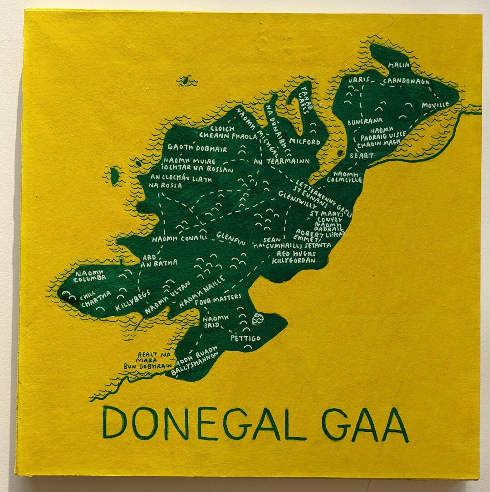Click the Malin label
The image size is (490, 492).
tap(399, 65)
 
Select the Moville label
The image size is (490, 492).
tap(435, 105)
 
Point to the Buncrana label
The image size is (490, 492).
tap(365, 121)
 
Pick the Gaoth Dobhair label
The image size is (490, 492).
tap(197, 148)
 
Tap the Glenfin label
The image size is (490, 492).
tap(231, 238)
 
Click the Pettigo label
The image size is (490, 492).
tap(245, 338)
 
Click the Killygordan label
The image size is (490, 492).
tap(294, 261)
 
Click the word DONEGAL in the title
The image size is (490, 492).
tap(204, 423)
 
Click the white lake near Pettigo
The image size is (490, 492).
tap(257, 318)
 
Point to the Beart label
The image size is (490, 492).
tap(361, 155)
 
